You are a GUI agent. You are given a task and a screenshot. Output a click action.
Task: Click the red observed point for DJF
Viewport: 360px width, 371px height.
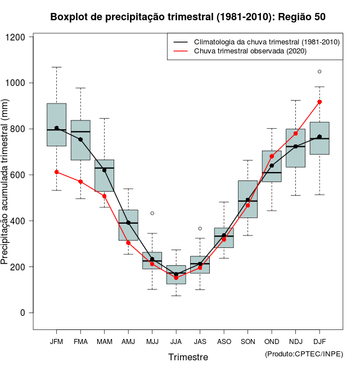tap(319, 102)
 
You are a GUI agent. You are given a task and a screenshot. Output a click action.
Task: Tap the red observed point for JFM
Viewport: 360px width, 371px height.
tap(56, 172)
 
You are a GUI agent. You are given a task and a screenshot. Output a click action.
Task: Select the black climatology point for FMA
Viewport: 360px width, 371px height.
tap(80, 139)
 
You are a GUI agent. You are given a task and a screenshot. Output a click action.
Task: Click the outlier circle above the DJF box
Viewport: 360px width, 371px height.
tap(319, 71)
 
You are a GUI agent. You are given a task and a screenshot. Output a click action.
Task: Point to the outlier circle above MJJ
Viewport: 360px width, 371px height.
tap(152, 213)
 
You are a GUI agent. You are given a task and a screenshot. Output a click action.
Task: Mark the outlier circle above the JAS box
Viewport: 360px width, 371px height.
tap(200, 228)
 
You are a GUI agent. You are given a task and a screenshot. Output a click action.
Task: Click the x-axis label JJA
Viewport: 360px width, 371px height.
tap(176, 341)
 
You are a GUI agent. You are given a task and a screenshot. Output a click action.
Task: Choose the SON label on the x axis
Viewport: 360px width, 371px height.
tap(248, 341)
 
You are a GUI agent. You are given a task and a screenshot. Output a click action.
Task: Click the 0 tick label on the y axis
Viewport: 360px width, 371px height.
tap(24, 313)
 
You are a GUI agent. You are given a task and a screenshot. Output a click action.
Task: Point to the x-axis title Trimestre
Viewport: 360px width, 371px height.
tap(188, 357)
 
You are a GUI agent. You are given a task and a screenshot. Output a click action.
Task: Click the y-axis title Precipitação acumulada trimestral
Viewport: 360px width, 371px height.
tap(6, 185)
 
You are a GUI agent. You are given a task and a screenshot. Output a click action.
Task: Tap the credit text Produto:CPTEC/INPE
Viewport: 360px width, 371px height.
tap(304, 354)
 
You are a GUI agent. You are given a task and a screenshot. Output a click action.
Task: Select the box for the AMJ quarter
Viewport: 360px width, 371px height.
tap(128, 225)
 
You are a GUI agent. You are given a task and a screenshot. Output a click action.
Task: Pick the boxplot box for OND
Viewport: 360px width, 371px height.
tap(272, 166)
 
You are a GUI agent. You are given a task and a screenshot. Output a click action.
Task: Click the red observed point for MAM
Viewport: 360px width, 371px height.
tap(104, 196)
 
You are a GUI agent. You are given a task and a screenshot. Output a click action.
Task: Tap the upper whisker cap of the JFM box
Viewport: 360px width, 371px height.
tap(56, 67)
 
